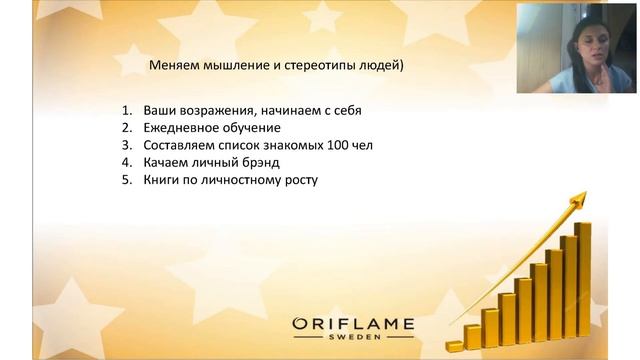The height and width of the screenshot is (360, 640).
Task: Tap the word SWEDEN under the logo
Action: [x=351, y=339]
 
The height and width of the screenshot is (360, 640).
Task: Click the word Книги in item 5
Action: [x=162, y=181]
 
